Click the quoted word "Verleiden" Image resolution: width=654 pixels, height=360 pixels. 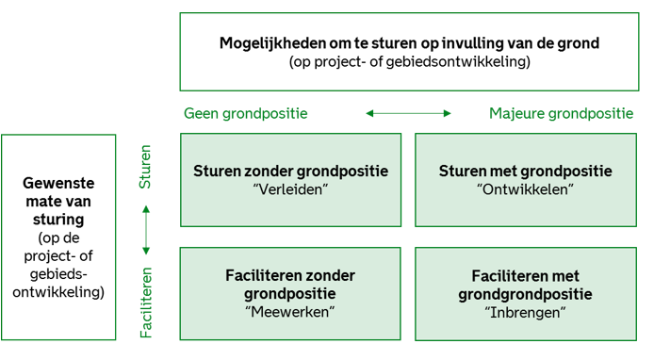(x=290, y=190)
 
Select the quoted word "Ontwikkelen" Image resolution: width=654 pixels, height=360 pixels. (x=526, y=190)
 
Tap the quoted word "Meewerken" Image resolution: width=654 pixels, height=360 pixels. (x=290, y=311)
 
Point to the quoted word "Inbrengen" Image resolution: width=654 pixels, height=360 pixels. (x=526, y=311)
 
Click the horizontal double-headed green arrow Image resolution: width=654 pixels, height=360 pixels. (x=408, y=114)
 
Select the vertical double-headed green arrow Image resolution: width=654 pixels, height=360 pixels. (x=145, y=230)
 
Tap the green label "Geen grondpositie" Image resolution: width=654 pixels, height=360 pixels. (x=245, y=114)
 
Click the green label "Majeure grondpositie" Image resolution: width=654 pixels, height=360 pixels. (x=561, y=114)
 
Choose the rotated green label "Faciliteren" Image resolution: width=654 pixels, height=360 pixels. (x=145, y=302)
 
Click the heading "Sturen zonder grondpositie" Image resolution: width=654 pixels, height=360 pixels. (x=290, y=172)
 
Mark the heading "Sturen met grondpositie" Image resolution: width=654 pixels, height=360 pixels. (x=526, y=172)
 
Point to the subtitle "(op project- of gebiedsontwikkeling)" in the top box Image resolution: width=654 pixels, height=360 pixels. (x=408, y=62)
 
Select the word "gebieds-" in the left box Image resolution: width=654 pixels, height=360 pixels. (x=61, y=274)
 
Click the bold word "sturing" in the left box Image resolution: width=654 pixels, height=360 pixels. (x=61, y=220)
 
